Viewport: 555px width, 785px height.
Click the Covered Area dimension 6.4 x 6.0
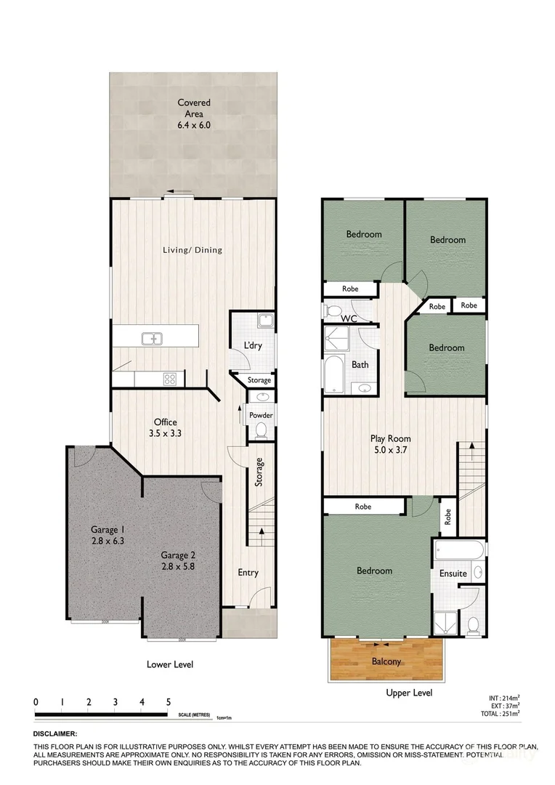coord(193,125)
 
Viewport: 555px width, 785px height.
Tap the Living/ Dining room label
coord(192,250)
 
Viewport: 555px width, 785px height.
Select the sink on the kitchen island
coord(153,338)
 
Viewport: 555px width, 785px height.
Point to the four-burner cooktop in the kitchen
coord(170,379)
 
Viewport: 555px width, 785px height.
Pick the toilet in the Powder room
coord(262,430)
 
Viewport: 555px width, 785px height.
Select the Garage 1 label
coord(108,529)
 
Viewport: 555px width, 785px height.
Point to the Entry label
coord(248,573)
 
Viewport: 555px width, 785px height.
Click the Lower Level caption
coord(169,664)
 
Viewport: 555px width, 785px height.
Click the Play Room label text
coord(391,438)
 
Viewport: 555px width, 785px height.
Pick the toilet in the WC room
coord(333,311)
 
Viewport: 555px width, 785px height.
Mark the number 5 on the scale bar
coord(168,702)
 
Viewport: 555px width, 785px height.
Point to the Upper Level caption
coord(408,693)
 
